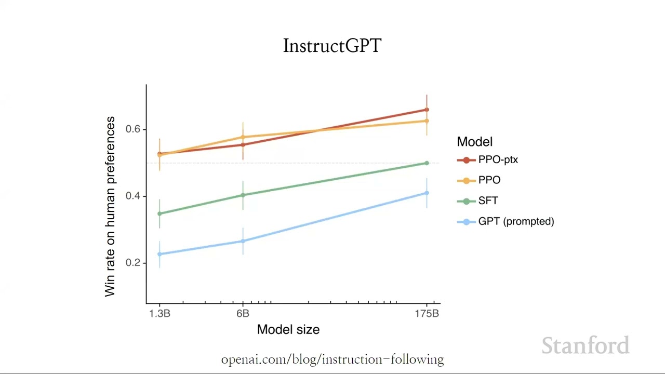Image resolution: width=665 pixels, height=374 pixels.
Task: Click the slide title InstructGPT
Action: point(332,46)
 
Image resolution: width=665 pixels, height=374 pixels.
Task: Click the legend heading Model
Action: point(474,142)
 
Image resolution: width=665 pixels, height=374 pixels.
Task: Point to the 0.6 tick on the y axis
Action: point(133,129)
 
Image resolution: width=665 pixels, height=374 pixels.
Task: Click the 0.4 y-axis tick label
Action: point(133,196)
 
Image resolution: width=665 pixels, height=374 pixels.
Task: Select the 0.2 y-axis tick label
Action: point(133,263)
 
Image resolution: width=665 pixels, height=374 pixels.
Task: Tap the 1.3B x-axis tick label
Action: point(159,313)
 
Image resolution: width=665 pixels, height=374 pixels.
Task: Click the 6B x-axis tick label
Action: point(243,313)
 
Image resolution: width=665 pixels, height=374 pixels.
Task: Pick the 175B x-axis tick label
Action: point(427,313)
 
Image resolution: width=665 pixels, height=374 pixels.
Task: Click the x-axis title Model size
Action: point(288,329)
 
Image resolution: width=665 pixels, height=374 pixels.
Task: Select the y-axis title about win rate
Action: point(110,206)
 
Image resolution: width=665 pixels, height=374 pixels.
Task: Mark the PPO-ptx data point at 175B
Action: point(427,110)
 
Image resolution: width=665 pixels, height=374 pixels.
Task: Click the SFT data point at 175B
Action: point(427,163)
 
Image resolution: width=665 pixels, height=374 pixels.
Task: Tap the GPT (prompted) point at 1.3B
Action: point(159,254)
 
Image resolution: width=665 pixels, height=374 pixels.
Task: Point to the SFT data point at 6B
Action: point(243,195)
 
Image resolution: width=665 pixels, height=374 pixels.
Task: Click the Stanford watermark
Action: point(585,346)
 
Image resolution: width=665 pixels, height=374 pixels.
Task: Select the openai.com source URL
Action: point(332,359)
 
